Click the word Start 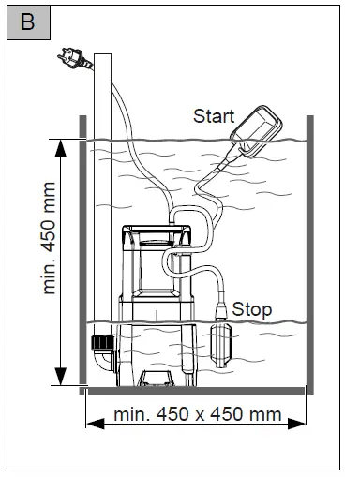pos(215,116)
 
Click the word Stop pos(251,308)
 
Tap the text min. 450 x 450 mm pos(198,414)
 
